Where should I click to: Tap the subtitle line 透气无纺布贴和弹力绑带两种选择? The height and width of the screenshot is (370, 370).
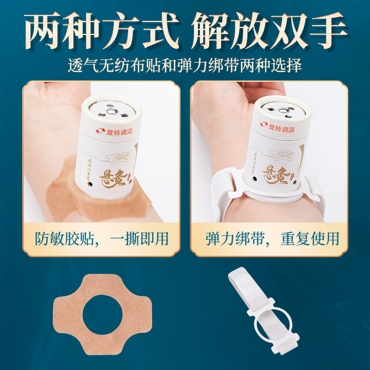(x=185, y=65)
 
